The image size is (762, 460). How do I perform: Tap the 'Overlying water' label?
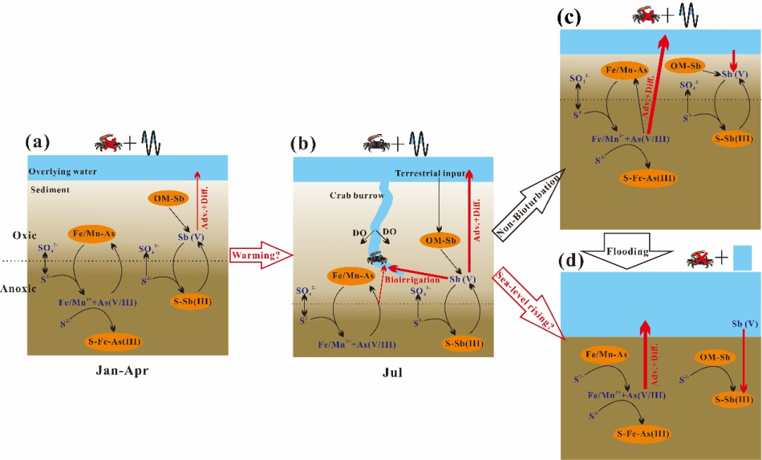click(61, 172)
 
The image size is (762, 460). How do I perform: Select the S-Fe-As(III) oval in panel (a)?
click(115, 341)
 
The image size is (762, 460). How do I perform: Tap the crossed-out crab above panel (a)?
click(108, 144)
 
